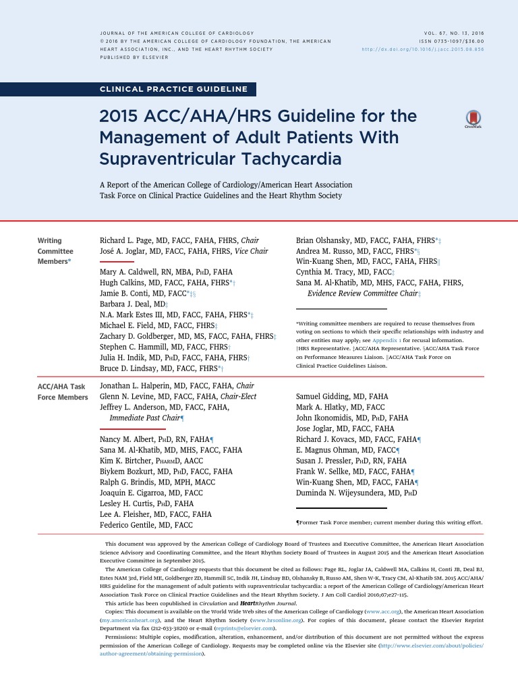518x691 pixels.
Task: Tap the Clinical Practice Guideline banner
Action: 173,89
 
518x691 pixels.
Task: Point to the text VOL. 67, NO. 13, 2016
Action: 451,33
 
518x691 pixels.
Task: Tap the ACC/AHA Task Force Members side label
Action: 61,391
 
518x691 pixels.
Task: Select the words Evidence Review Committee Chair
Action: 362,294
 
